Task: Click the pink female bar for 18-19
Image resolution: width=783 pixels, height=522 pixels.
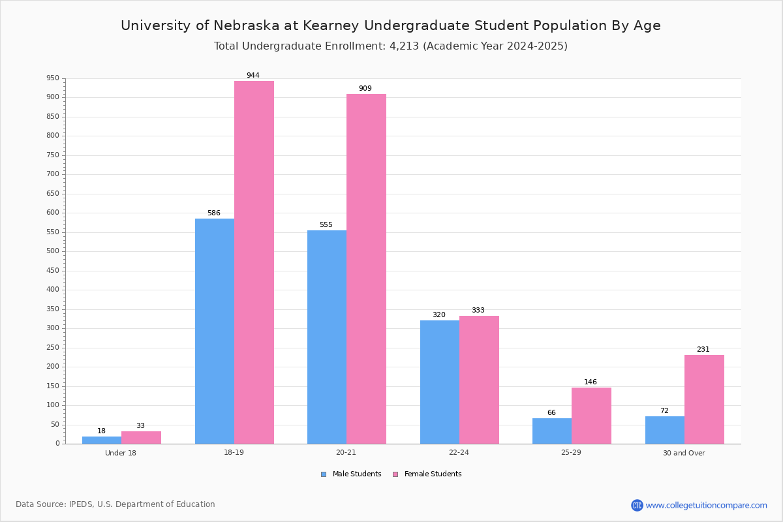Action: coord(254,262)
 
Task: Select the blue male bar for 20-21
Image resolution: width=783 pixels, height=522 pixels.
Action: coord(327,337)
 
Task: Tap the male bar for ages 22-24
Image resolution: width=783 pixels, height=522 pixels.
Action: coord(440,382)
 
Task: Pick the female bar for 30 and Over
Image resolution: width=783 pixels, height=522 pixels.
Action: coord(704,399)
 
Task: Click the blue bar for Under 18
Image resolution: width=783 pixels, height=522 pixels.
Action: coord(102,440)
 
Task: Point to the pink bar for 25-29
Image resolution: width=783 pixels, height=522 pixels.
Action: coord(591,416)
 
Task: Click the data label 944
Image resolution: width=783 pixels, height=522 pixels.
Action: coord(253,75)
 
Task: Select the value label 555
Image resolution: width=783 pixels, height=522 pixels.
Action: coord(326,224)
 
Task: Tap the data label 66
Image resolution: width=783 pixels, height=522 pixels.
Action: coord(551,412)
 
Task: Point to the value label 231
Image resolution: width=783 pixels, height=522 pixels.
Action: coord(703,349)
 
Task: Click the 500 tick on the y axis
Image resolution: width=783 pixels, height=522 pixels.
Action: coord(53,251)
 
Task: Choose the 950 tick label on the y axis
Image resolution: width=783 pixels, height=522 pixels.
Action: coord(53,78)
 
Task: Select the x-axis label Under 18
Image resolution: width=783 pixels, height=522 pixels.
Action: coord(121,453)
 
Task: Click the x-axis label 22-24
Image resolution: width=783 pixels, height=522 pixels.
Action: coord(459,452)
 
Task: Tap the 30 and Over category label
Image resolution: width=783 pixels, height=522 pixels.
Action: coord(684,453)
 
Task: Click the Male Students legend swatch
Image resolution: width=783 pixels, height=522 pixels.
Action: coord(324,474)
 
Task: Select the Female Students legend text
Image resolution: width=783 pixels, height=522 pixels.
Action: coord(433,474)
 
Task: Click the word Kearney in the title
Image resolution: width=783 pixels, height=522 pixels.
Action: coord(331,26)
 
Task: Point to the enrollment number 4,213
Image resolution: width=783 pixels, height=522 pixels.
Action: coord(404,46)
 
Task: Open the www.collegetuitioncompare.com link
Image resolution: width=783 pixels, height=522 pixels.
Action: coord(706,505)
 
